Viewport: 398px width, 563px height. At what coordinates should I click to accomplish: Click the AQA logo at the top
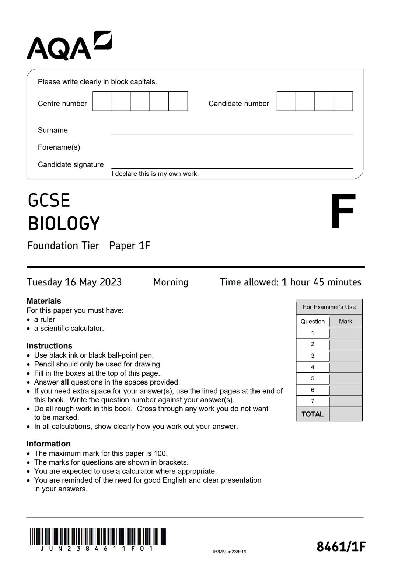pos(69,46)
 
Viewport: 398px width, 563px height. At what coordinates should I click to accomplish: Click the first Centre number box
pos(102,101)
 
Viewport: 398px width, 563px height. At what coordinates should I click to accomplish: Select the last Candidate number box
pos(343,101)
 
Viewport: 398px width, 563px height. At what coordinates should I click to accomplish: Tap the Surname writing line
pos(232,131)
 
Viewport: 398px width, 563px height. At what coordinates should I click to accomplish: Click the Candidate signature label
pos(71,164)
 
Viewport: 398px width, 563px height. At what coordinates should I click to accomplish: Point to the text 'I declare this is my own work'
pos(155,174)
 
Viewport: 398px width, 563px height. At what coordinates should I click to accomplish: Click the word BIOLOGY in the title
pos(64,223)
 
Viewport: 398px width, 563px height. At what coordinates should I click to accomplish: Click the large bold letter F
pos(342,211)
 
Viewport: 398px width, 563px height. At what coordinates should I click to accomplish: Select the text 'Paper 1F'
pos(130,246)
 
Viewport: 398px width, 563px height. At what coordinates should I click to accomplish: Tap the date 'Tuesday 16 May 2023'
pos(74,282)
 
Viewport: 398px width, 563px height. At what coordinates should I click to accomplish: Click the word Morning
pos(171,282)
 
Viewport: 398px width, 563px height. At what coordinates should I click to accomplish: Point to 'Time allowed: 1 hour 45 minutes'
pos(290,282)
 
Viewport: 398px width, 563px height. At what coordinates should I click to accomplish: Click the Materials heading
pos(44,301)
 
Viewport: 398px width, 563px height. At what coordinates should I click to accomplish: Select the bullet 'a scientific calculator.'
pos(69,328)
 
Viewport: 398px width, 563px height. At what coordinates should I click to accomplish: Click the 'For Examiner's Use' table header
pos(329,307)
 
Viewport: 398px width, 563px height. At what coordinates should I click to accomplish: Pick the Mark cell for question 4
pos(346,367)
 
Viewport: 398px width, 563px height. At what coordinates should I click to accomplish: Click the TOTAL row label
pos(313,414)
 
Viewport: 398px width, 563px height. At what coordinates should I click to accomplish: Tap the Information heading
pos(48,444)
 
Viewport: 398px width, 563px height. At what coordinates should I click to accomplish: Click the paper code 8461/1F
pos(341,546)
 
